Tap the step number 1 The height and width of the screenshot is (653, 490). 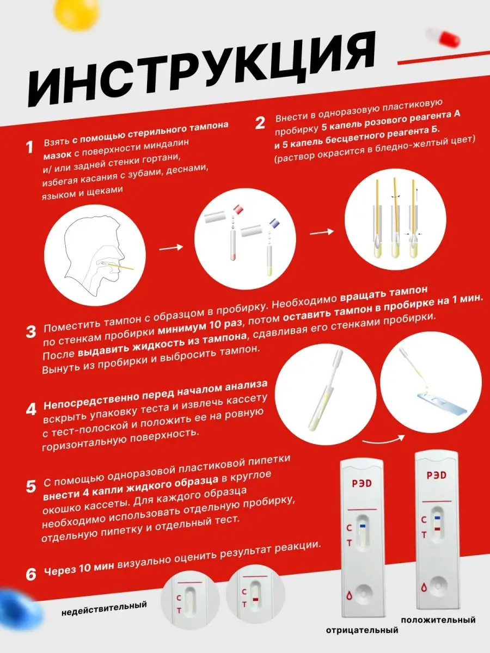click(x=30, y=147)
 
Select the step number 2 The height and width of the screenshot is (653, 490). click(x=260, y=123)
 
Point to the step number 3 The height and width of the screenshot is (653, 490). click(x=31, y=332)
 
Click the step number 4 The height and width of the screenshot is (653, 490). click(x=31, y=409)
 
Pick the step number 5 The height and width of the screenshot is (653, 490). click(x=31, y=486)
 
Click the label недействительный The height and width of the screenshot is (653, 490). click(x=104, y=608)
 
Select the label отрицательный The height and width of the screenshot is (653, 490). click(x=362, y=630)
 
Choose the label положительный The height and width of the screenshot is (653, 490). click(x=438, y=620)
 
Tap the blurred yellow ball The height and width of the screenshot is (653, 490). click(x=76, y=14)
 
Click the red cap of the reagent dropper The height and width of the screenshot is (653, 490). click(x=238, y=210)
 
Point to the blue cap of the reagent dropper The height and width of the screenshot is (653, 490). click(x=275, y=224)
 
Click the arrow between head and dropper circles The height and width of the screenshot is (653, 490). click(x=171, y=247)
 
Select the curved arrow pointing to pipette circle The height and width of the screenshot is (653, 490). click(x=384, y=440)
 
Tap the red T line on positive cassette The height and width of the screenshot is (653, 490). click(x=437, y=529)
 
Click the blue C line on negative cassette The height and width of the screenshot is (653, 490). click(x=363, y=526)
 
